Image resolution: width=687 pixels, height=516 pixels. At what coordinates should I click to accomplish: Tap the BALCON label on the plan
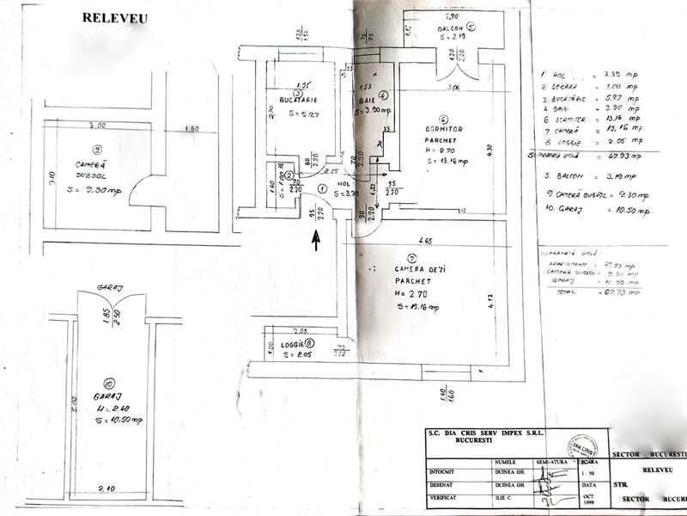coord(447,27)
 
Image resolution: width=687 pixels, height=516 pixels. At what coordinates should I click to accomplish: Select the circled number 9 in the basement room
coord(97,148)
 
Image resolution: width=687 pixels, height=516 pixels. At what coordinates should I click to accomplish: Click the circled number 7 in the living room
coord(412,257)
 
